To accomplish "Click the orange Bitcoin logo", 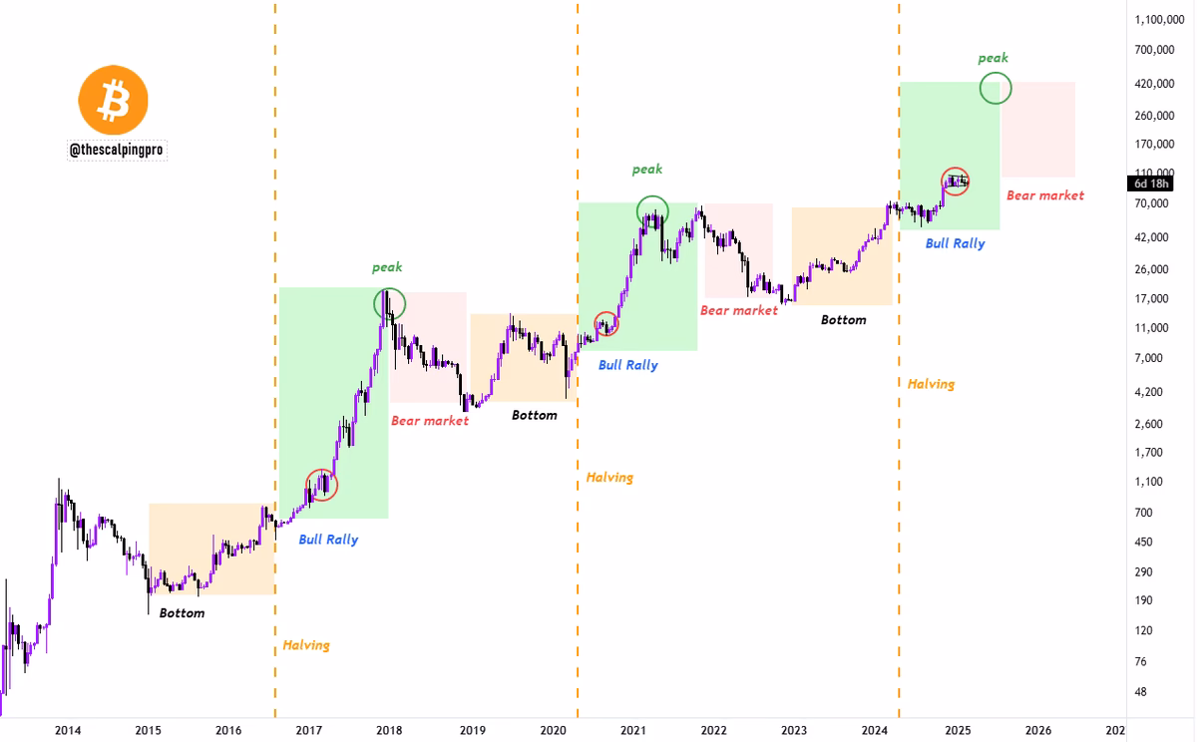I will coord(113,100).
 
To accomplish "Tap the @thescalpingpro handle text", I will coord(117,150).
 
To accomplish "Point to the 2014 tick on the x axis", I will coord(68,730).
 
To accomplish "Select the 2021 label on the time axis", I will coord(632,730).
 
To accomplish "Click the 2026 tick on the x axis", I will coord(1037,730).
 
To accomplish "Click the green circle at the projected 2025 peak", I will coord(996,88).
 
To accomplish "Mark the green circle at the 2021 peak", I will coord(652,210).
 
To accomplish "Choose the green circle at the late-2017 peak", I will coord(390,302).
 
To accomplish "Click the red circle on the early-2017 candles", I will coord(321,485).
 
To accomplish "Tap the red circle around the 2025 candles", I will coord(956,182).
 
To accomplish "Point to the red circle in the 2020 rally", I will coord(606,324).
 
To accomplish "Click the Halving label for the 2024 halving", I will coord(931,384).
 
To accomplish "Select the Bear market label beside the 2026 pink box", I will coord(1044,195).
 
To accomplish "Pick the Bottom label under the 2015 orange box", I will coord(182,613).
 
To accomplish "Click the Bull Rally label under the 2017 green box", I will coord(328,540).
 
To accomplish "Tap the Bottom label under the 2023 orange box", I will coord(843,320).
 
